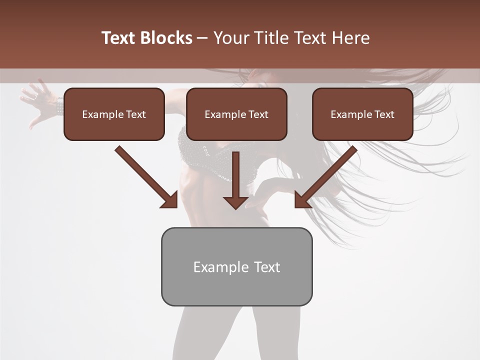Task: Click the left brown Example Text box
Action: coord(114,114)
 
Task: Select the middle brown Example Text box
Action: coord(236,114)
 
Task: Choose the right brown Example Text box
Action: coord(362,114)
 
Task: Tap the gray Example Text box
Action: coord(236,266)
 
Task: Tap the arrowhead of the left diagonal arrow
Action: coord(170,200)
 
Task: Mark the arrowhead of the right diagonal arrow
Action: coord(302,200)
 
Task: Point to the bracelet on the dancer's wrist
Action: coord(60,106)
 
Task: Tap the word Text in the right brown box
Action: coord(384,114)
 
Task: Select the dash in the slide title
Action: coord(202,38)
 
